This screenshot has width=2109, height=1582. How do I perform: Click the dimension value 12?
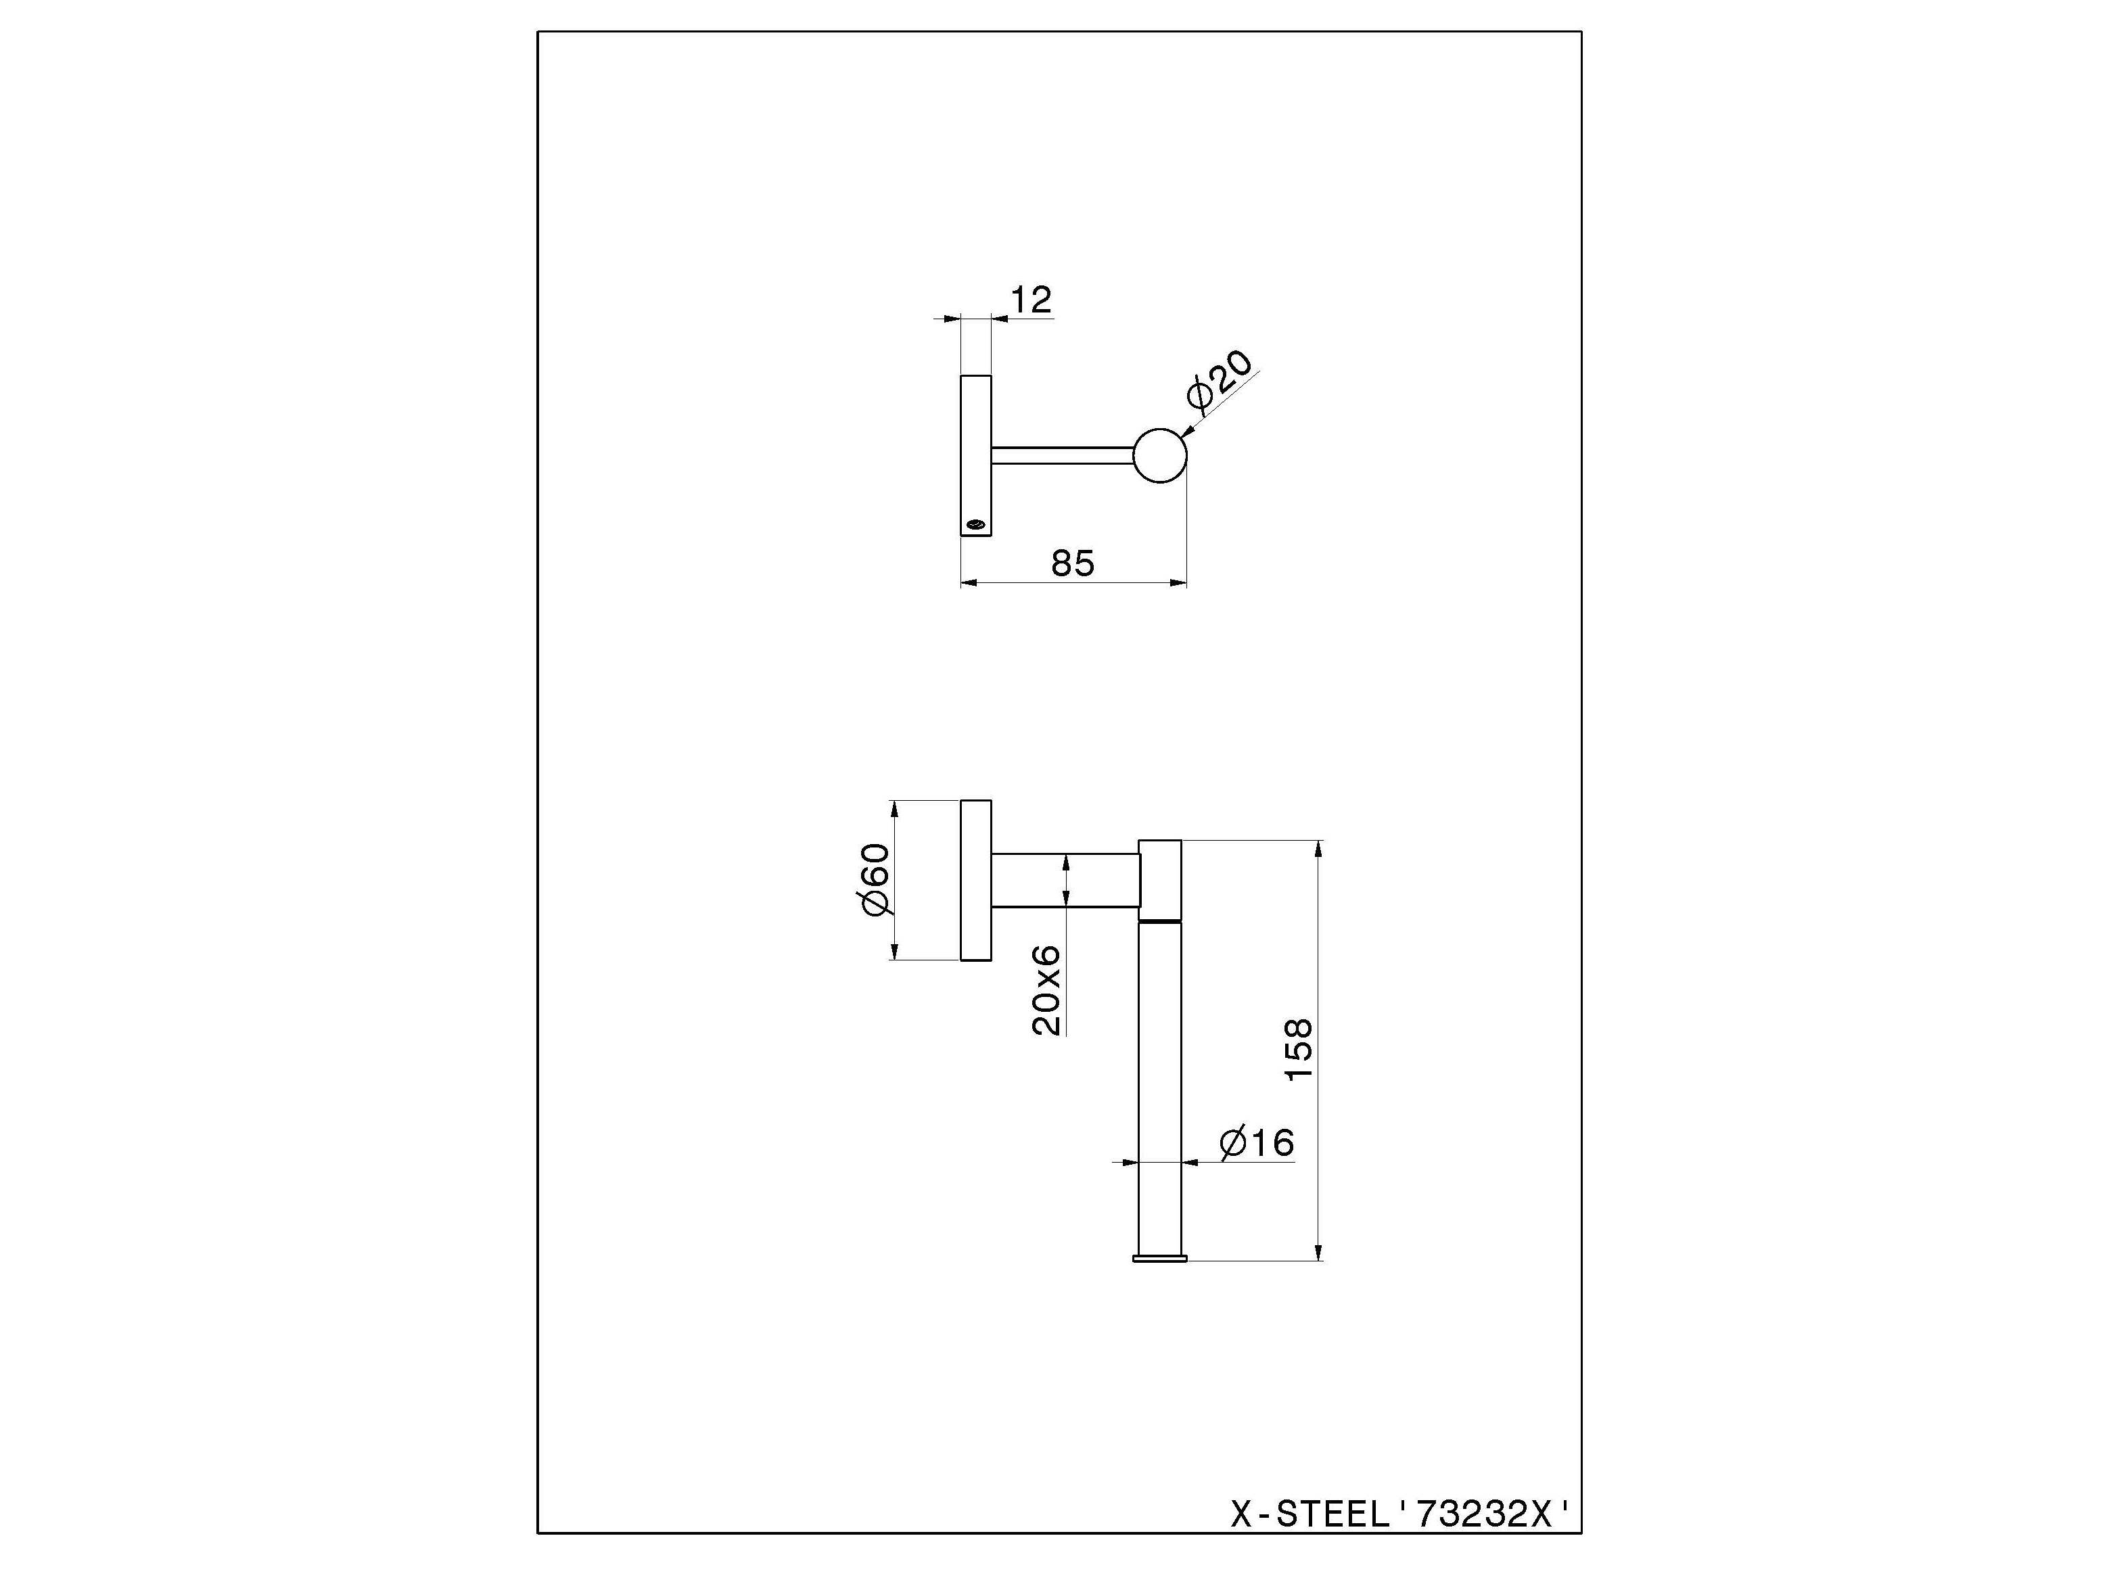1031,300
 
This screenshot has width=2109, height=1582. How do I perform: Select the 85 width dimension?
1073,563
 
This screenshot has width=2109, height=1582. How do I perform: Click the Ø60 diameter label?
875,879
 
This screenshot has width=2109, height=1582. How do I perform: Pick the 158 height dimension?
1299,1049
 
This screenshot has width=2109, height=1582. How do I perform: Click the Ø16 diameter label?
1257,1142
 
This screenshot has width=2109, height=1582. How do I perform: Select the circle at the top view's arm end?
1160,455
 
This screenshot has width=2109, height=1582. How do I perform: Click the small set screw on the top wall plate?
975,523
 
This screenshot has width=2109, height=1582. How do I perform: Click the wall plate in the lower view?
975,879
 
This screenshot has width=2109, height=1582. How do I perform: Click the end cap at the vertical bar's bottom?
1160,1259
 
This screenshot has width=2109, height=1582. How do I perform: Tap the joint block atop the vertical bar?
1160,879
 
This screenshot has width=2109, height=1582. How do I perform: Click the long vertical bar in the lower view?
1160,1087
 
